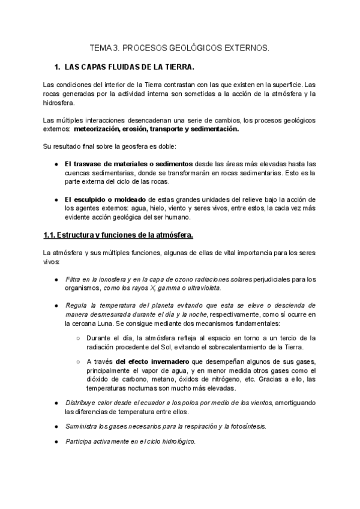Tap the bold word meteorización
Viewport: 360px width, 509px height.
coord(98,128)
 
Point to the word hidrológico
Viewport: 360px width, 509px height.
coord(175,440)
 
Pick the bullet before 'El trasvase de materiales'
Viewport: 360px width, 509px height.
coord(56,164)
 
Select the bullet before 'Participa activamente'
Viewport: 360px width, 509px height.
coord(56,440)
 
